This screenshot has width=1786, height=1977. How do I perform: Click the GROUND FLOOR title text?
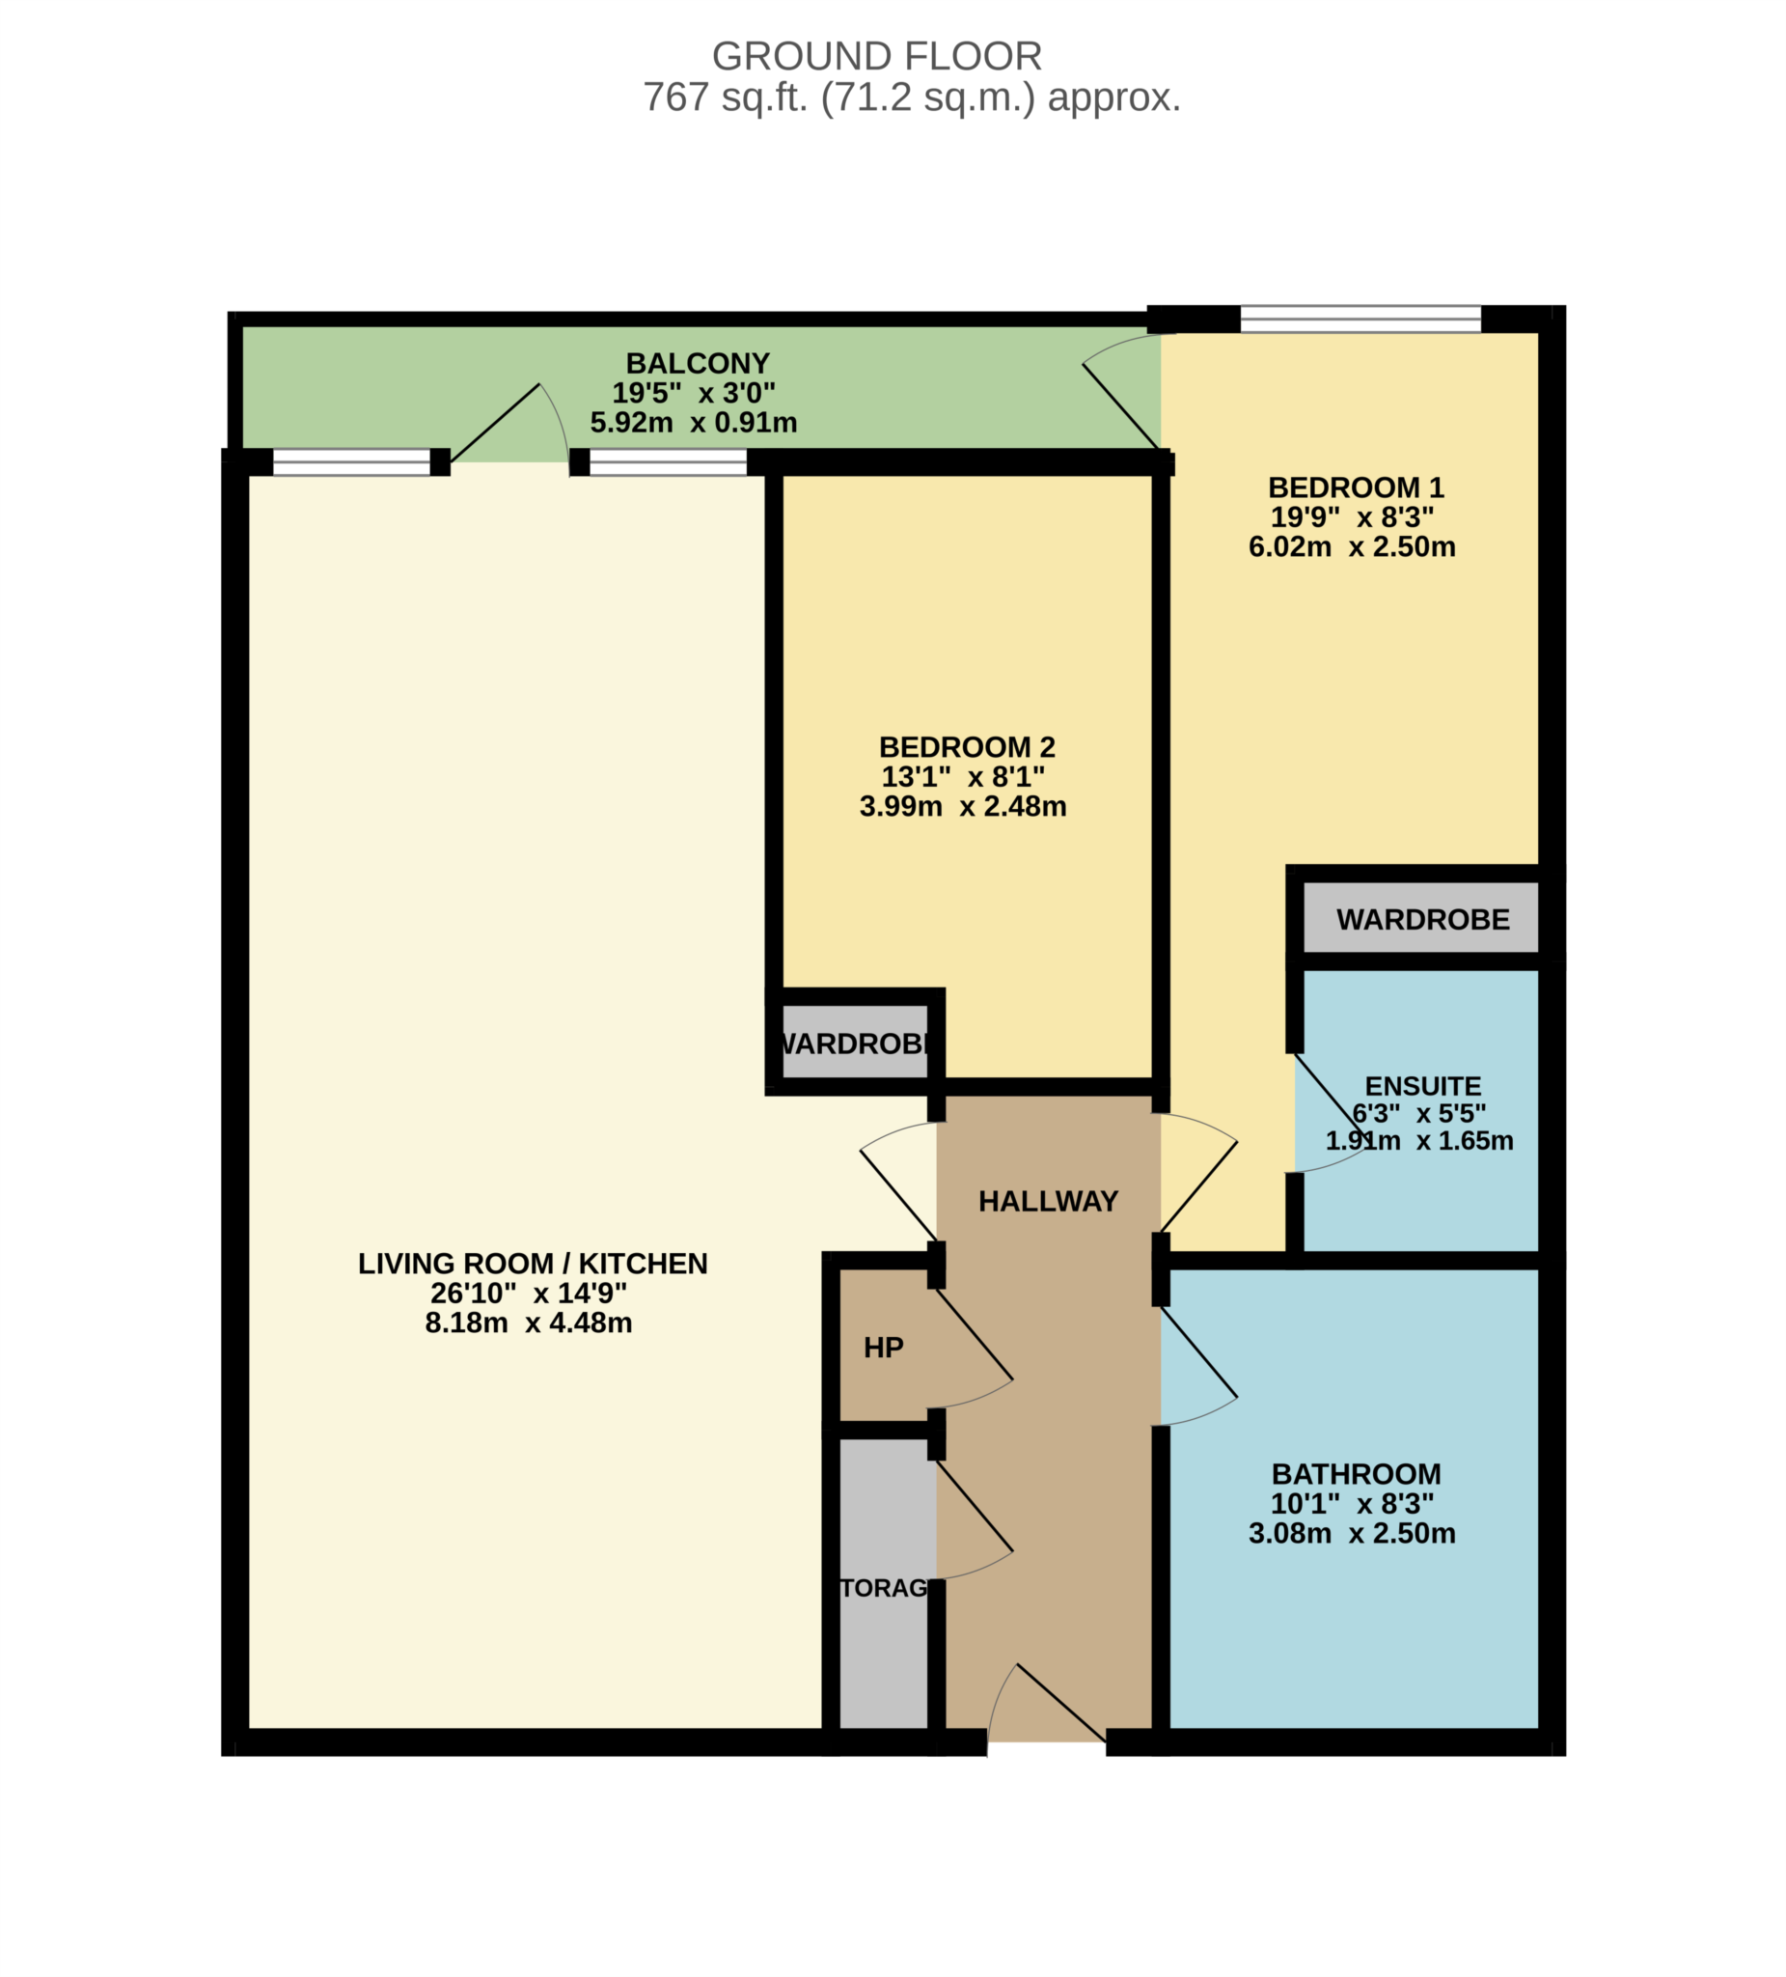tap(875, 56)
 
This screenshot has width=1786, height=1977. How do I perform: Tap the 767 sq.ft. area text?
tap(911, 97)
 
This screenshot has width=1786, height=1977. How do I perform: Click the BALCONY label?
tap(697, 363)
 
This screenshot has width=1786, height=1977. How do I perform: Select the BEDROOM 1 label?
tap(1355, 487)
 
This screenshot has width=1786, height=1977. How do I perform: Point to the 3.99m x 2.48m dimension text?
tap(962, 806)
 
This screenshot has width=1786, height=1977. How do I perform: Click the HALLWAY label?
tap(1047, 1201)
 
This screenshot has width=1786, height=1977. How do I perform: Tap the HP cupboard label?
tap(882, 1348)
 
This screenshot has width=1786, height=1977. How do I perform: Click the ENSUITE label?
tap(1422, 1087)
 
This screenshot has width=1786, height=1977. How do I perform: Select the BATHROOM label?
tap(1355, 1474)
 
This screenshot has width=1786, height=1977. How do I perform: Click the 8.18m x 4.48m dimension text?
tap(528, 1323)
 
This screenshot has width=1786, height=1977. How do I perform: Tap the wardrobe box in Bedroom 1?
tap(1421, 920)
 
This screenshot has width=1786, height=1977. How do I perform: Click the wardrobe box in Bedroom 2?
tap(854, 1044)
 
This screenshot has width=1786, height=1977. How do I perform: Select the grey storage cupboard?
tap(883, 1589)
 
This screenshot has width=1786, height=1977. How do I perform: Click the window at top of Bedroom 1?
tap(1360, 319)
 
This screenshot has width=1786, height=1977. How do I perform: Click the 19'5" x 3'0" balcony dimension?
tap(693, 393)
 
